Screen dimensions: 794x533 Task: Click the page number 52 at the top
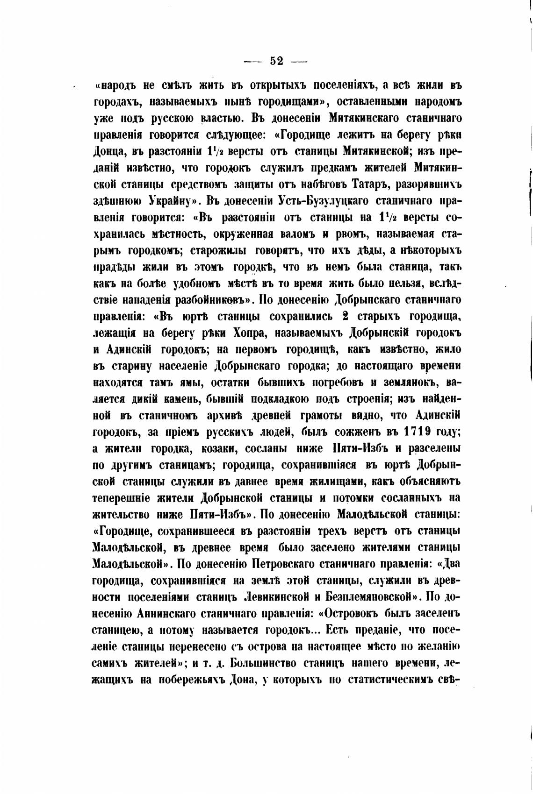(x=276, y=61)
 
